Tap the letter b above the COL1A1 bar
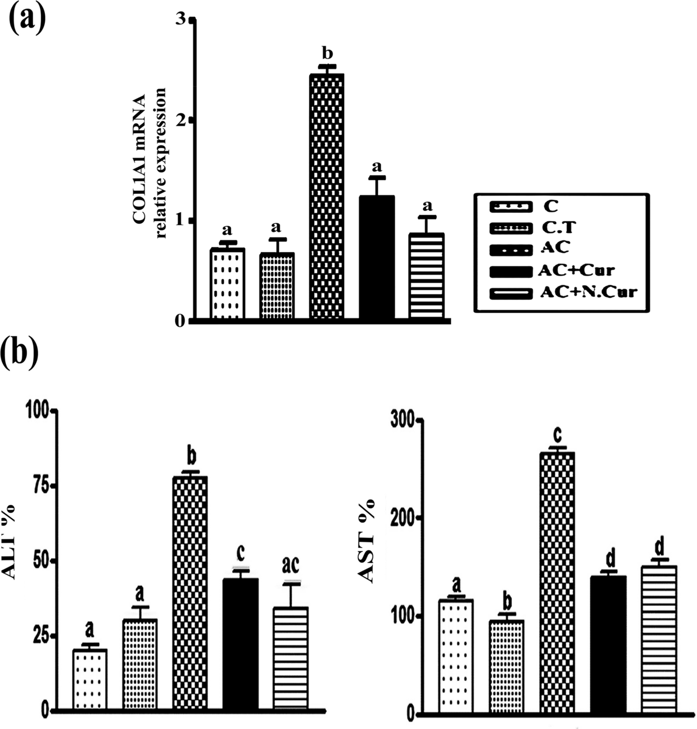(327, 54)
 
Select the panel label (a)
(27, 20)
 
